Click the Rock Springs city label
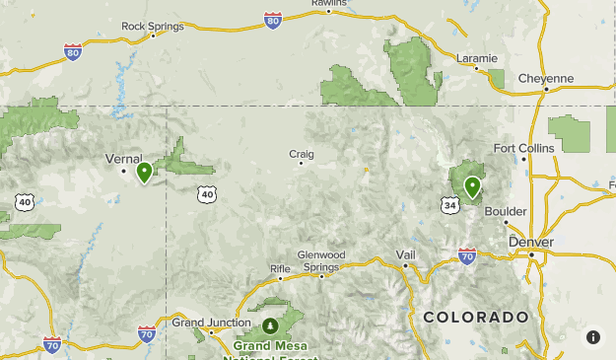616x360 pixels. click(x=152, y=26)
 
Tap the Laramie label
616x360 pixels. click(x=477, y=57)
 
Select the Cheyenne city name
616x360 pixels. click(x=546, y=78)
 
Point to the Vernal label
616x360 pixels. click(x=123, y=158)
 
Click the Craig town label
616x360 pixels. click(x=301, y=153)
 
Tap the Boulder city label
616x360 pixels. click(x=507, y=211)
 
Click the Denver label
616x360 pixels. click(x=531, y=242)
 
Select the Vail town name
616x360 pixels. click(x=406, y=253)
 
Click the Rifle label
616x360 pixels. click(x=281, y=268)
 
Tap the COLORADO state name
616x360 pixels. click(x=475, y=317)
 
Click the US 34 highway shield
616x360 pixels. click(x=450, y=205)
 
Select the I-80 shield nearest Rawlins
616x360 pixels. click(x=273, y=20)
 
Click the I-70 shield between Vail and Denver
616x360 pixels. click(x=467, y=256)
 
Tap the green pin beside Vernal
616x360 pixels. click(x=144, y=173)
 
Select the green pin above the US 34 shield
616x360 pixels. click(x=472, y=185)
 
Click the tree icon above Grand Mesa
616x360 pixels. click(x=270, y=325)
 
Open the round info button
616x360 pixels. click(x=593, y=337)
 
